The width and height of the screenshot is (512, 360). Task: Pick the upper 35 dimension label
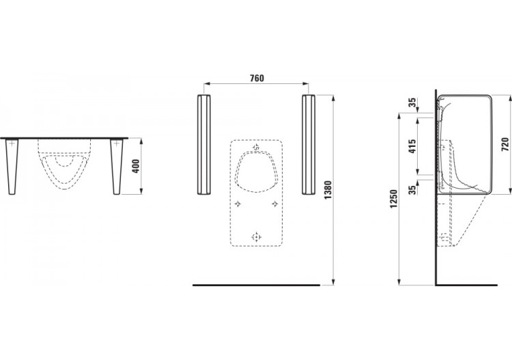coord(411,104)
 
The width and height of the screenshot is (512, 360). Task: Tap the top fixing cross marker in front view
coord(255,147)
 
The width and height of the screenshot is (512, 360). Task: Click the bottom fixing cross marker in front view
coord(255,236)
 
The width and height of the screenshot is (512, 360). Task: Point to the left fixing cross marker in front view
coord(237,204)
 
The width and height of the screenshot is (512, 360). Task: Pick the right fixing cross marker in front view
coord(274,204)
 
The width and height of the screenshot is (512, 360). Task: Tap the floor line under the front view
coord(256,283)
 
